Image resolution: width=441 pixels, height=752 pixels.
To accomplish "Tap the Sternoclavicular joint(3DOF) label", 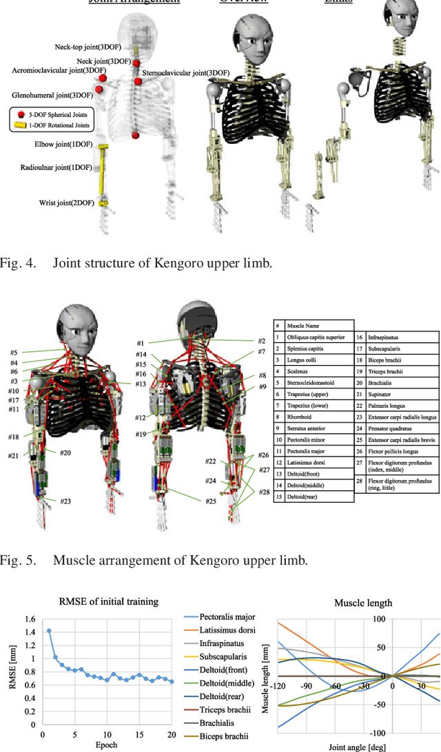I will [186, 72].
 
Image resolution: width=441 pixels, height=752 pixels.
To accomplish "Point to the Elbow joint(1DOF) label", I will [63, 145].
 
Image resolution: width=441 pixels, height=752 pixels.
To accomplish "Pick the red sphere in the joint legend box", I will [21, 114].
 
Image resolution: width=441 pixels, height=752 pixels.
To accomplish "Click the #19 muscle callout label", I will [141, 434].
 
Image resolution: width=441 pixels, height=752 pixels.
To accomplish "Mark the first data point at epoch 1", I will [48, 630].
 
